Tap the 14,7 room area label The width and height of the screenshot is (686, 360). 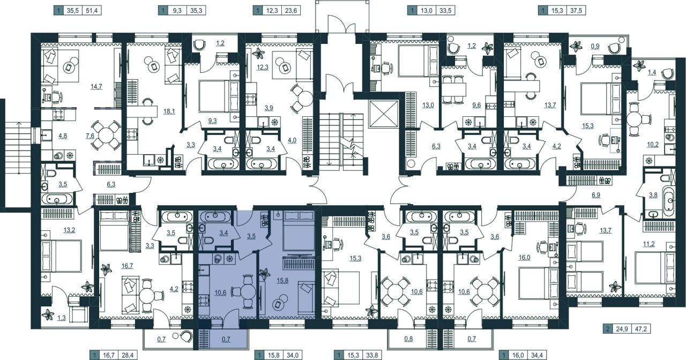(x=96, y=87)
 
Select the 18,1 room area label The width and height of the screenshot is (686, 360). (x=169, y=111)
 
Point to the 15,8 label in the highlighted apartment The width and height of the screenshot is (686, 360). (x=282, y=280)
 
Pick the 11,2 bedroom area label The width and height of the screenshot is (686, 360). (x=648, y=244)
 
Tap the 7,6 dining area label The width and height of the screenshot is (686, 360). (x=90, y=136)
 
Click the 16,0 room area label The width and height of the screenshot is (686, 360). (x=524, y=258)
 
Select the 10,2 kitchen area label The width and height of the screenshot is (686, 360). (x=653, y=144)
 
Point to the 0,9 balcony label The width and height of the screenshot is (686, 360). (x=595, y=47)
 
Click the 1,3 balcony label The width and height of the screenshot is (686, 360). (x=61, y=318)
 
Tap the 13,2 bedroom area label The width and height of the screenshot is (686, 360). (x=69, y=230)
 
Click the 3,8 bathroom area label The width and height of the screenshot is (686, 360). (x=653, y=195)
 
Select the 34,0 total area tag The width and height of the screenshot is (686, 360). (x=292, y=355)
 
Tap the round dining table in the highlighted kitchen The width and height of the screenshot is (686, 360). (x=248, y=292)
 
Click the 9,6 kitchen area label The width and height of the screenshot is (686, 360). (x=476, y=106)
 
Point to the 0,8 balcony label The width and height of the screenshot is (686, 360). (x=408, y=339)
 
